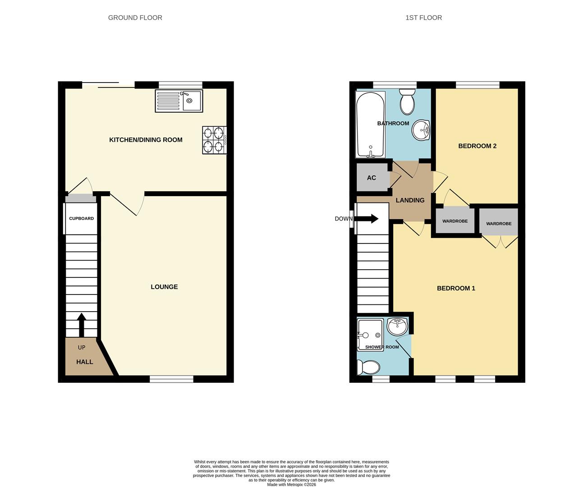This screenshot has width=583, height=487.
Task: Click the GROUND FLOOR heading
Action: click(x=135, y=18)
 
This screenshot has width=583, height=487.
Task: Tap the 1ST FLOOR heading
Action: click(x=423, y=18)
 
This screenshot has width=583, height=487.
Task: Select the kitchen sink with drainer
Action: click(x=179, y=101)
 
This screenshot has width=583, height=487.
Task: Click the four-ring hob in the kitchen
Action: click(x=214, y=139)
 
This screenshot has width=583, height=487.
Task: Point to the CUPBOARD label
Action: click(x=81, y=218)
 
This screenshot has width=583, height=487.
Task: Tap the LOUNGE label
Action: click(x=164, y=287)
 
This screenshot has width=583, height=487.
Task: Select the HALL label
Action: click(x=84, y=362)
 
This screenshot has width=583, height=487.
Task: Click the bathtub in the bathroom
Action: click(x=370, y=124)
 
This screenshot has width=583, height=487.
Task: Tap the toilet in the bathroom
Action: click(x=407, y=102)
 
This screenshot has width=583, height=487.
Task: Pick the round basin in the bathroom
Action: click(x=421, y=130)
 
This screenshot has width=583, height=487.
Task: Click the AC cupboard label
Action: click(x=371, y=178)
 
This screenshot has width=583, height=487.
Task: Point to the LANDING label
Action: click(x=410, y=200)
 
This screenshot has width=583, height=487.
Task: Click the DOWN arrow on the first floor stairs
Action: click(x=367, y=219)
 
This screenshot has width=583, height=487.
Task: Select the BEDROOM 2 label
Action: click(x=477, y=146)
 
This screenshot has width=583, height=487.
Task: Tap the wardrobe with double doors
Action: click(x=499, y=223)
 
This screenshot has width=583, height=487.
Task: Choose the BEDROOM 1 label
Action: click(x=456, y=288)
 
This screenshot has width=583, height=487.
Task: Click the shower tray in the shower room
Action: click(x=370, y=335)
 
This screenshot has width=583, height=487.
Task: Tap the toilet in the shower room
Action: click(x=369, y=368)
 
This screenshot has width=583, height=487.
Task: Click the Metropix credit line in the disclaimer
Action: click(x=291, y=485)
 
